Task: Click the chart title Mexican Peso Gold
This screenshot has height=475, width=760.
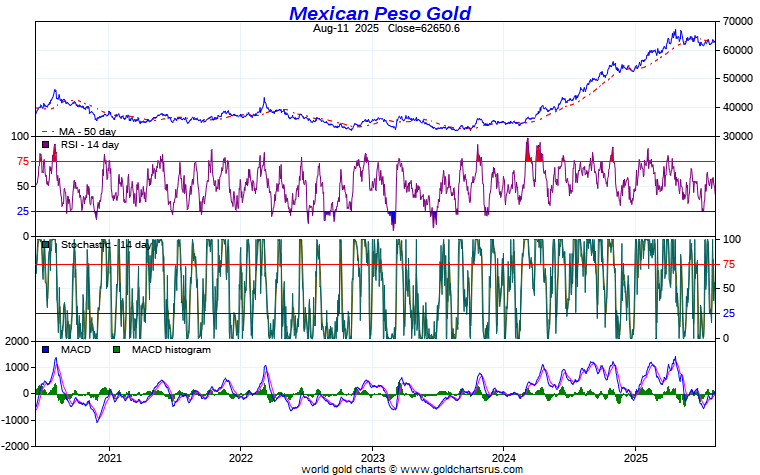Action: click(x=380, y=13)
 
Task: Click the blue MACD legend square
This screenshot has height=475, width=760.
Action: click(x=46, y=350)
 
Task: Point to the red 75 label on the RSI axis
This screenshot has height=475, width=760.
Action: click(x=20, y=161)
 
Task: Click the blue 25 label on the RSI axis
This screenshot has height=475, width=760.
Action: click(x=20, y=211)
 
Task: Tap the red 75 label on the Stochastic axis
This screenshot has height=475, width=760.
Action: click(x=730, y=264)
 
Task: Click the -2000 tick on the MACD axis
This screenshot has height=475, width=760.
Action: click(x=16, y=445)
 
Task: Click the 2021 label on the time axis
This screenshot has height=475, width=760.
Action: click(x=109, y=457)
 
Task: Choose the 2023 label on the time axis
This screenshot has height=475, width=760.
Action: click(x=372, y=457)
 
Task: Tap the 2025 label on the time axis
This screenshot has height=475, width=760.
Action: click(x=635, y=457)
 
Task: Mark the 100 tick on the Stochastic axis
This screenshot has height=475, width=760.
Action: click(x=732, y=239)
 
